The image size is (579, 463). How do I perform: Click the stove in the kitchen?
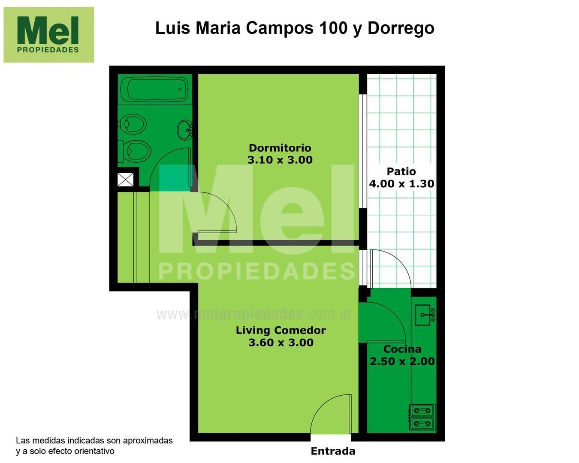[x=422, y=417]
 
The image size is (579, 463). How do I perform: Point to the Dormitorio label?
[x=280, y=148]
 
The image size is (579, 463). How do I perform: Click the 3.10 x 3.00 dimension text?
[x=280, y=160]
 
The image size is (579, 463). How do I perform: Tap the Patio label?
[x=401, y=171]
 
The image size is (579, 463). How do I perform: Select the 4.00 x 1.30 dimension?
[x=401, y=183]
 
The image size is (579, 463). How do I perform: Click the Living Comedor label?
[x=280, y=330]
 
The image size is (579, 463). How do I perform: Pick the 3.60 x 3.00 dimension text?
[x=280, y=343]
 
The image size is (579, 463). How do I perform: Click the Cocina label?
[x=402, y=349]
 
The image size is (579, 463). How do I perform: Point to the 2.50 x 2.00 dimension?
[x=402, y=361]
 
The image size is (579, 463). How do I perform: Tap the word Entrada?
[x=333, y=451]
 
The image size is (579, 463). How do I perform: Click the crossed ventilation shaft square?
[x=125, y=179]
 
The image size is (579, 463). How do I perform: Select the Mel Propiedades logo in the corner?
[x=48, y=35]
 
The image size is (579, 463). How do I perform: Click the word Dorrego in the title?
[x=401, y=28]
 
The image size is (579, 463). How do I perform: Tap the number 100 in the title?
[x=333, y=28]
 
